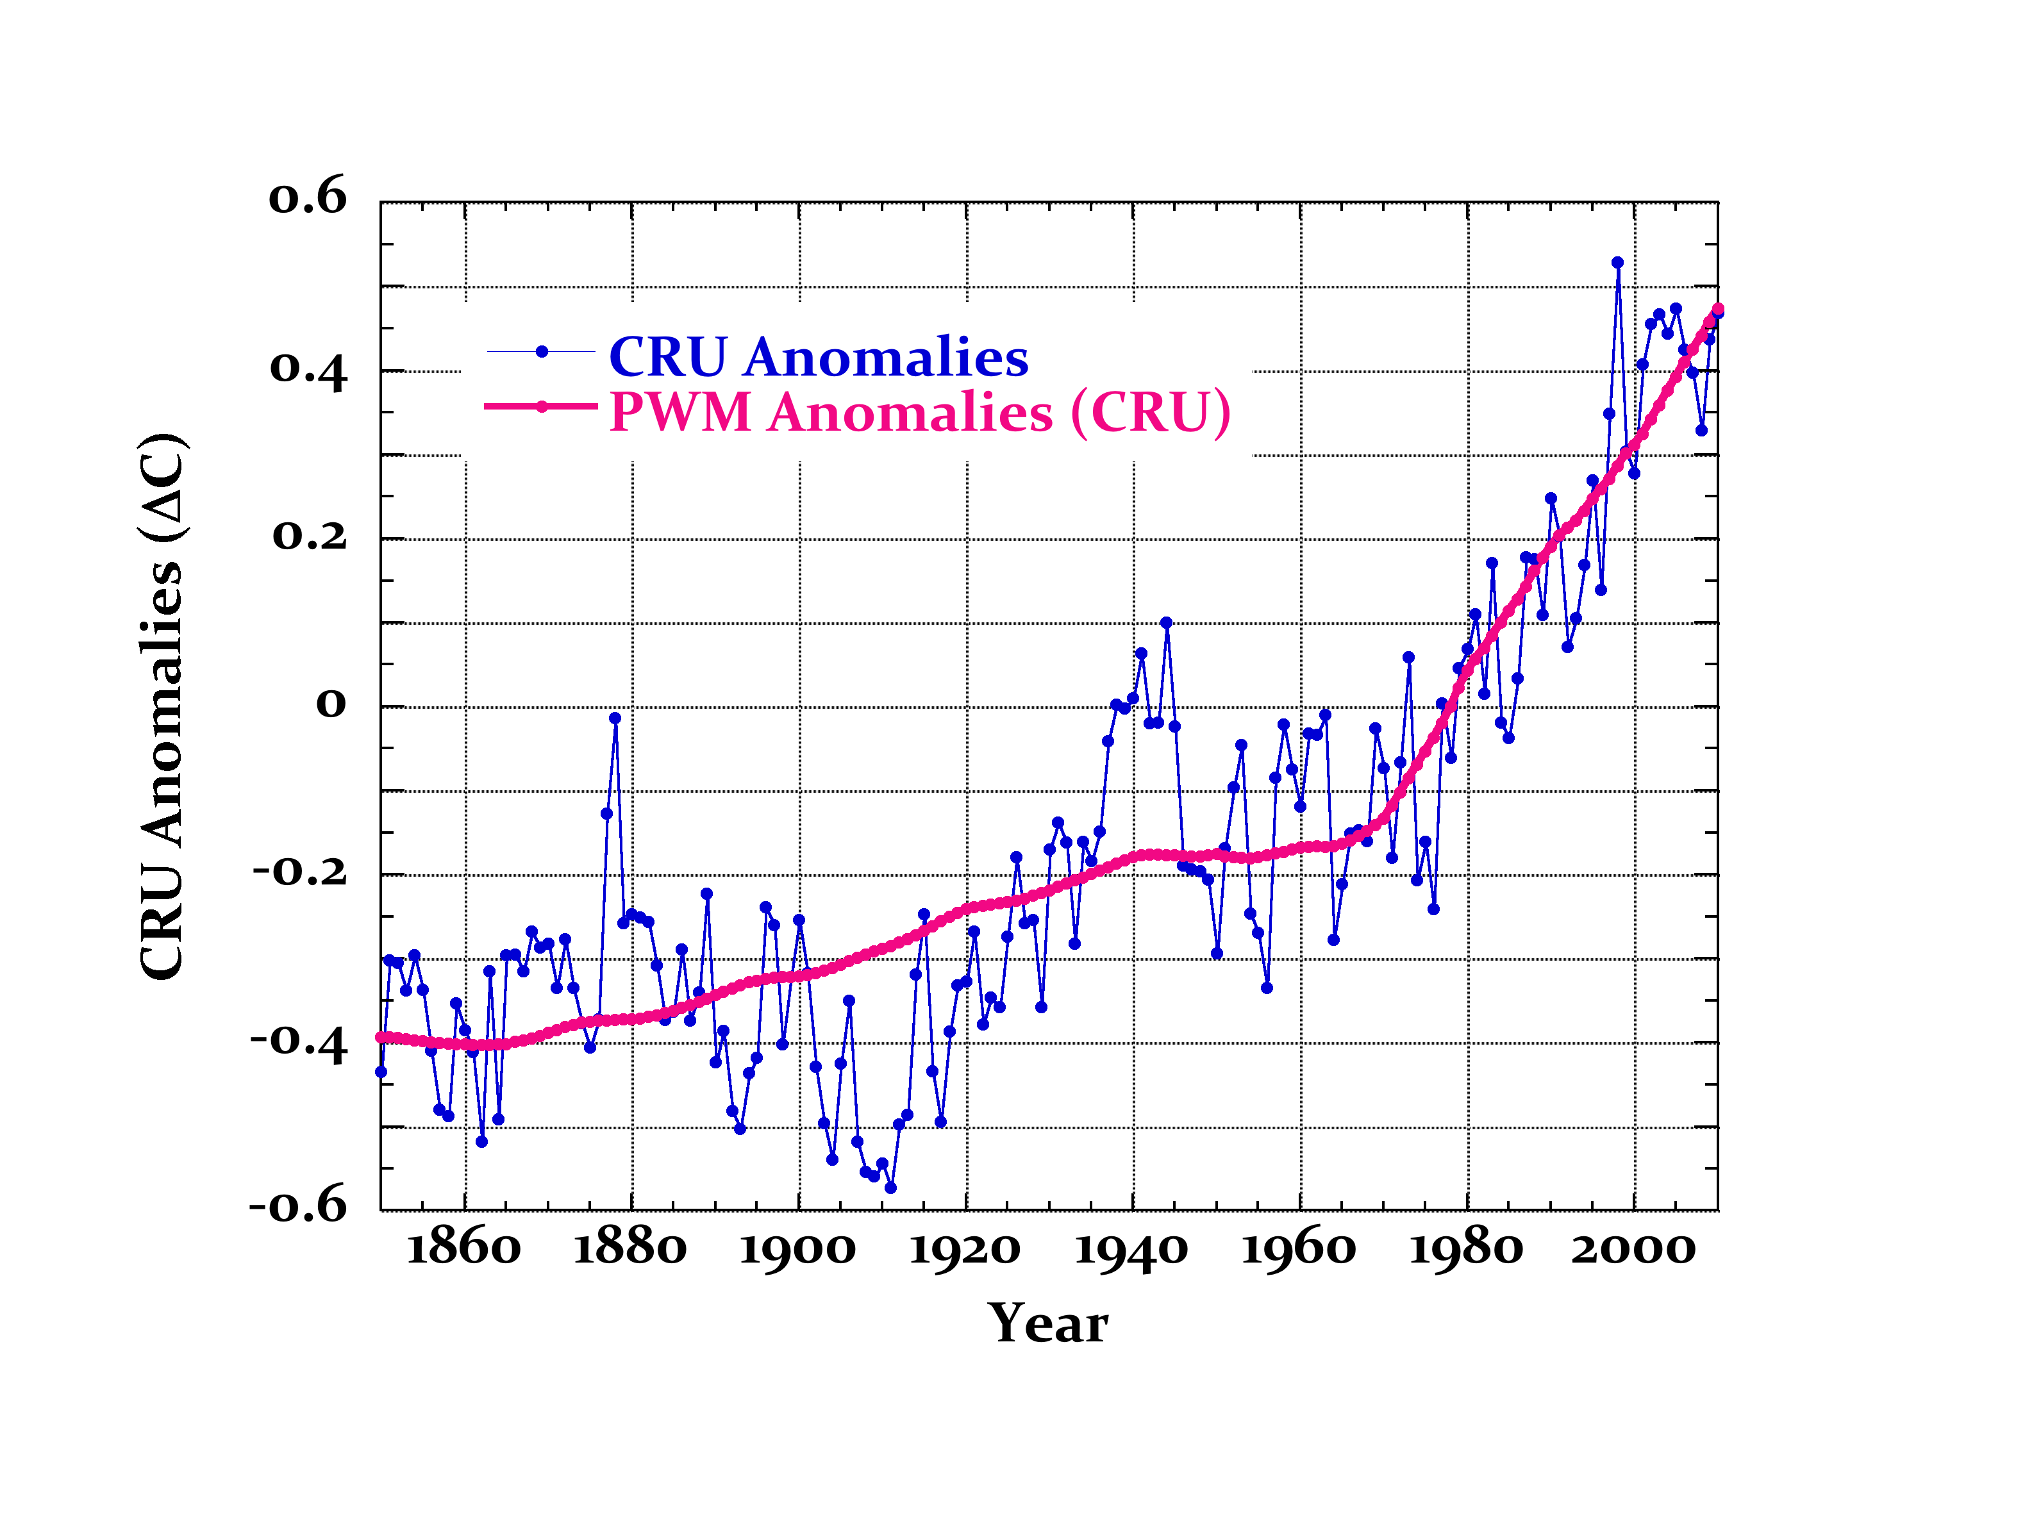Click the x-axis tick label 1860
[463, 1249]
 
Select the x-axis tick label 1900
[797, 1249]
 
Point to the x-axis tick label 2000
[1634, 1249]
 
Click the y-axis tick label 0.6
[308, 197]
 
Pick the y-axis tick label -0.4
[299, 1041]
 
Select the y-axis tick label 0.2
[310, 535]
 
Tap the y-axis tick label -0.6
[299, 1206]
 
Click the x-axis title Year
[1048, 1323]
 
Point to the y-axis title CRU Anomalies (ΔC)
[163, 706]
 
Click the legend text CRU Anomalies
[819, 356]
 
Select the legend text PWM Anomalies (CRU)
[920, 412]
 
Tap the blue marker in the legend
[542, 351]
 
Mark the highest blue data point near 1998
[1617, 263]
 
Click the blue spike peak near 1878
[615, 718]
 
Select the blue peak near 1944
[1166, 622]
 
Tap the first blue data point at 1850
[381, 1072]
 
